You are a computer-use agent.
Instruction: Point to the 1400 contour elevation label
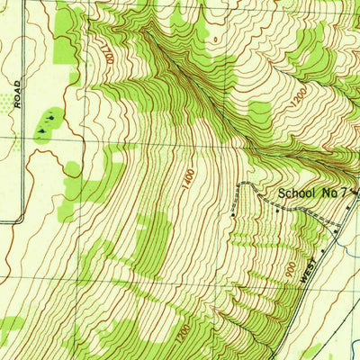coord(187,178)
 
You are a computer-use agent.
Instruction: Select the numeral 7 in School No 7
coord(346,193)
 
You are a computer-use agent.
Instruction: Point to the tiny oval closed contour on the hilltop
coord(214,39)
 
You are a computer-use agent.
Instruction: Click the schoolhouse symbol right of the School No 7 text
coord(355,192)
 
